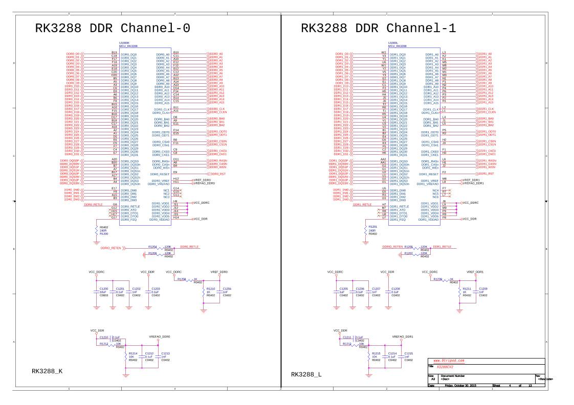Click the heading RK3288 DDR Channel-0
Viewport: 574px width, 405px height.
click(x=113, y=29)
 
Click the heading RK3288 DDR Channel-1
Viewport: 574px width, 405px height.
click(x=378, y=29)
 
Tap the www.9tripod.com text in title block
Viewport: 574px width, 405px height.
click(x=449, y=361)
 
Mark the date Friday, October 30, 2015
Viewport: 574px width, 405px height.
click(x=460, y=385)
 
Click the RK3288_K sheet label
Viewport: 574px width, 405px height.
click(x=47, y=371)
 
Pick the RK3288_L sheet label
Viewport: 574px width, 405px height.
click(x=306, y=374)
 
